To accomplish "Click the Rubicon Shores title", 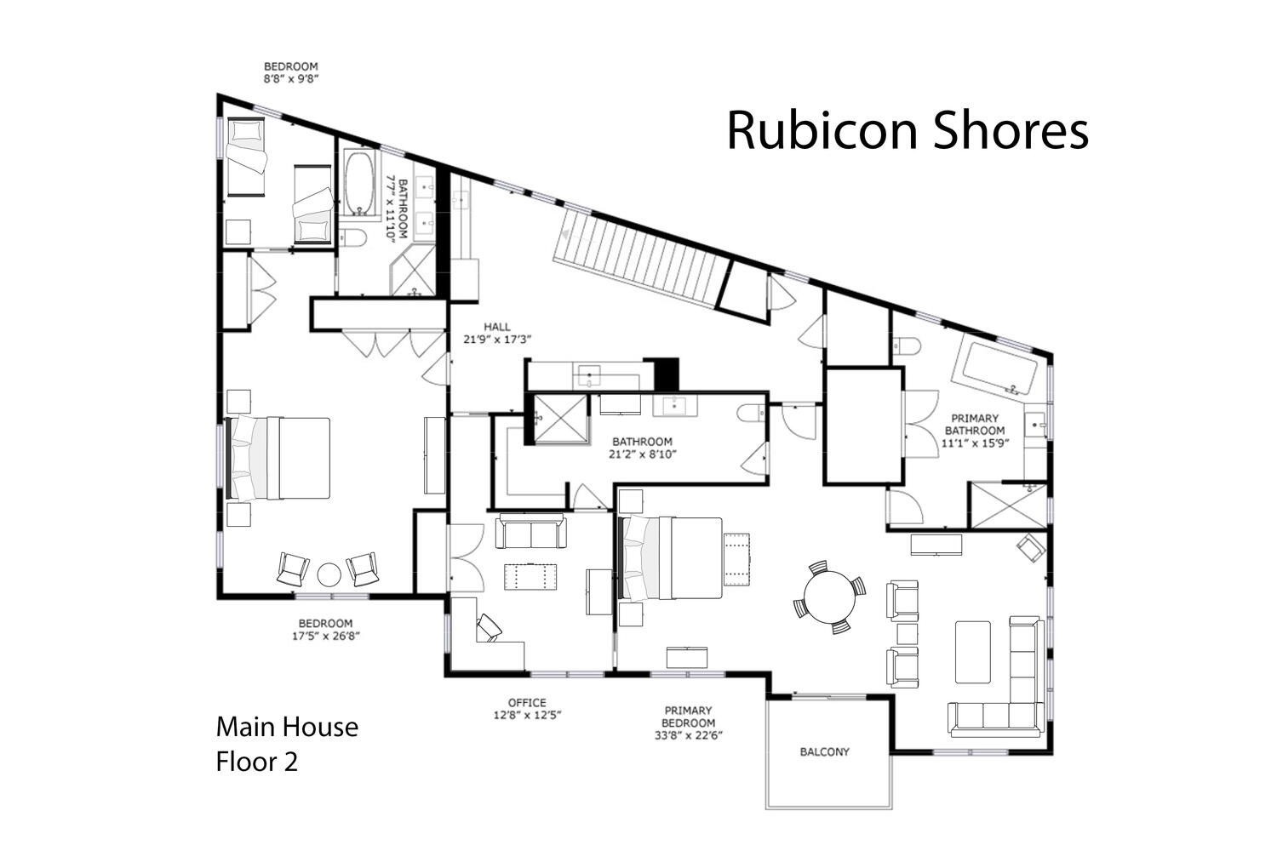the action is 908,131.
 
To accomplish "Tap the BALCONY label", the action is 824,751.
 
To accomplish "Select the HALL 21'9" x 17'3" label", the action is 497,333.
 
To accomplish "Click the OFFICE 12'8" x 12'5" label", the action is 527,709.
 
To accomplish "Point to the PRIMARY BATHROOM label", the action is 975,431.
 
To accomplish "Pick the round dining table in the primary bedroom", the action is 829,597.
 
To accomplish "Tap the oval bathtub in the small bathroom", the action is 360,183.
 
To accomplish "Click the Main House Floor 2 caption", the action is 288,745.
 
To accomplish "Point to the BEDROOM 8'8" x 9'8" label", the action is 291,72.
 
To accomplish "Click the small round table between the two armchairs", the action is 329,574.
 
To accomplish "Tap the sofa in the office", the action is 530,531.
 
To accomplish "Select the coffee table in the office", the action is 530,577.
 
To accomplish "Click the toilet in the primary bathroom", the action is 907,346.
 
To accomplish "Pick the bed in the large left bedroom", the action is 278,459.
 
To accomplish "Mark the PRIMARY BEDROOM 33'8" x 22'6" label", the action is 688,722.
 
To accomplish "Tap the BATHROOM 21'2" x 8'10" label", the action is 643,448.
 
